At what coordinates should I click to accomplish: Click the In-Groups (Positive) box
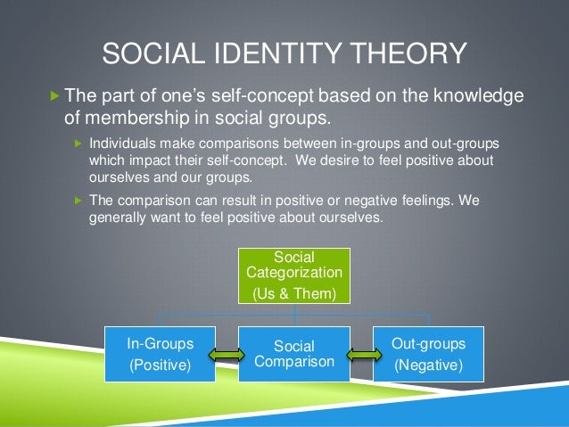pyautogui.click(x=161, y=353)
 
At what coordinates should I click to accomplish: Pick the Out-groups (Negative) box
pyautogui.click(x=428, y=353)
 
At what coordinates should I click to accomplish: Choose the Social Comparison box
pyautogui.click(x=294, y=354)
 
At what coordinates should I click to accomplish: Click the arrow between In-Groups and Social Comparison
pyautogui.click(x=227, y=355)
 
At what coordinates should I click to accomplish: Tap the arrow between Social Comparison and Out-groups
pyautogui.click(x=361, y=355)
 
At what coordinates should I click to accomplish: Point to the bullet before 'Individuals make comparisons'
pyautogui.click(x=77, y=144)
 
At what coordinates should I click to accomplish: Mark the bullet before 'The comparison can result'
pyautogui.click(x=77, y=201)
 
